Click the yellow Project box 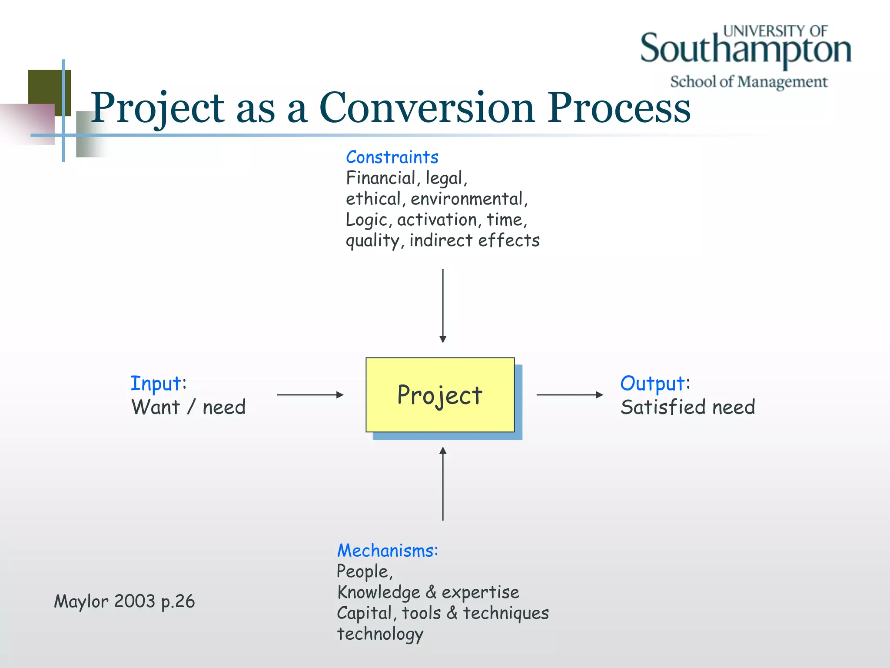click(440, 394)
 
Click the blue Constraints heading click(392, 157)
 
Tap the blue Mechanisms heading click(387, 551)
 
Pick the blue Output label click(653, 384)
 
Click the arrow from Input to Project click(310, 395)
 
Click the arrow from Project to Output click(569, 395)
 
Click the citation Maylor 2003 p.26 click(124, 601)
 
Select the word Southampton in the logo click(745, 49)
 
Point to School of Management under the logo click(748, 82)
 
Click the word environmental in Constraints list click(468, 199)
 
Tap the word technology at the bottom click(380, 634)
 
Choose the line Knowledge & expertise click(428, 592)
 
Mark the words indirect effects click(474, 240)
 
